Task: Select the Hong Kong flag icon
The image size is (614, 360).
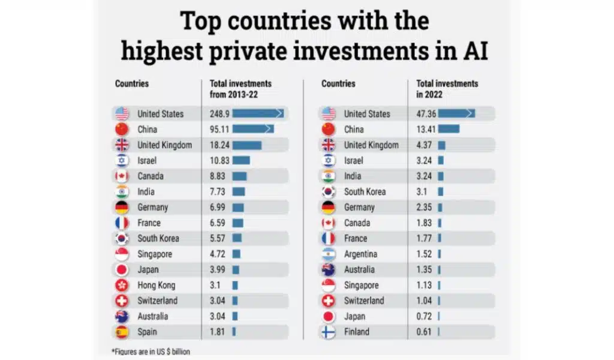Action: tap(122, 285)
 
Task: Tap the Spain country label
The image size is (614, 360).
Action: tap(148, 332)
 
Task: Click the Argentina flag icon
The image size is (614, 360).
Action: tap(328, 254)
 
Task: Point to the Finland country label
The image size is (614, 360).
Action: tap(356, 332)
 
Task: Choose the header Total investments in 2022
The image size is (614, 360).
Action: tap(447, 89)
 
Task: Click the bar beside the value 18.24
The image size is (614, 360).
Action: tap(247, 145)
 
